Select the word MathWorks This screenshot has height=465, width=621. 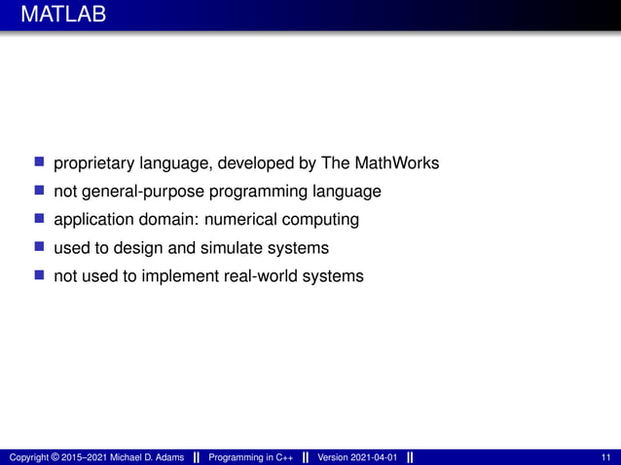click(396, 162)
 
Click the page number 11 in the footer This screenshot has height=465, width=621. click(607, 457)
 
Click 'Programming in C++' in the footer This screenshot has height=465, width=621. click(251, 457)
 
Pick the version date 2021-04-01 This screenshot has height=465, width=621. click(371, 457)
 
